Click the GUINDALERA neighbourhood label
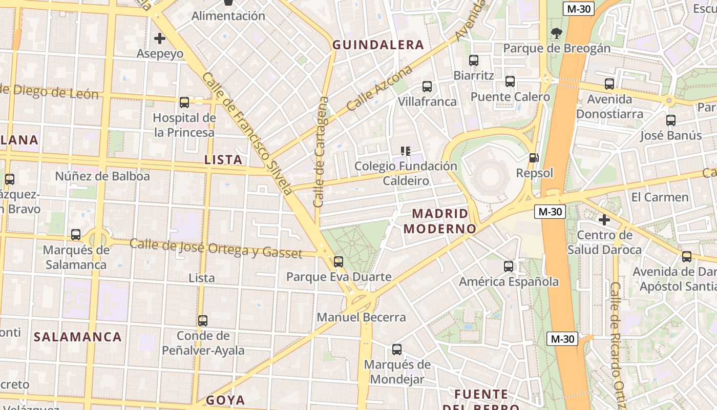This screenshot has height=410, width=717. (x=378, y=45)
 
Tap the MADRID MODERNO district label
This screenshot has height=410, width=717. (x=440, y=221)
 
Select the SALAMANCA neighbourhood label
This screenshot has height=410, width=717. (x=78, y=337)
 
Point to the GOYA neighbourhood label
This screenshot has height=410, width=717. (x=225, y=400)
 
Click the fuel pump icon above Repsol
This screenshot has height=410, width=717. (x=534, y=158)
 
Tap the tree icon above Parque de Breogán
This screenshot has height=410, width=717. (x=556, y=34)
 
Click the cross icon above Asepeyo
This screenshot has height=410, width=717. (x=160, y=38)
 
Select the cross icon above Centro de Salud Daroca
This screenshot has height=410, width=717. (x=604, y=220)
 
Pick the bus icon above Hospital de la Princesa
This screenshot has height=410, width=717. (x=184, y=102)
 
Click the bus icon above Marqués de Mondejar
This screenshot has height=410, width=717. (x=397, y=350)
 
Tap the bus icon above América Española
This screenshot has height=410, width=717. (x=509, y=266)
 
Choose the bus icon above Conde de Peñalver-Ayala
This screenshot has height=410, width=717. (x=203, y=321)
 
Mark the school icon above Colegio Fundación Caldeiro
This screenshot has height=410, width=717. (x=406, y=151)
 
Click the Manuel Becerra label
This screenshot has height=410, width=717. (x=361, y=317)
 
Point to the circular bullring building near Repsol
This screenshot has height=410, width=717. (x=491, y=177)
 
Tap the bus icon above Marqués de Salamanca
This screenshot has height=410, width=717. (x=76, y=235)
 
